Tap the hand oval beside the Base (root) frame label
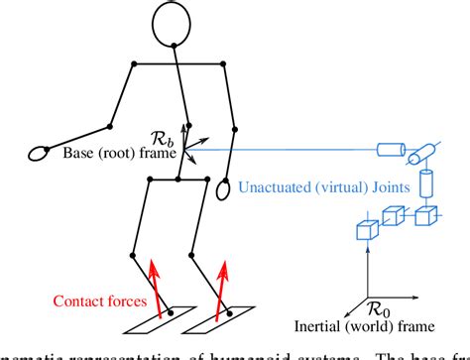coord(41,154)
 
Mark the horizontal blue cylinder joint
coord(390,151)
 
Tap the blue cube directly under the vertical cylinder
coord(425,212)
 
